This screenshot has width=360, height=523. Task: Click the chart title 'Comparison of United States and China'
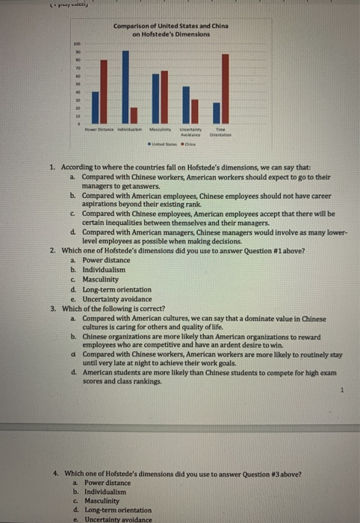(x=172, y=26)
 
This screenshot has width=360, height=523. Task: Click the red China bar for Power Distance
(x=98, y=90)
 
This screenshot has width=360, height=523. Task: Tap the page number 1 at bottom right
(x=341, y=389)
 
